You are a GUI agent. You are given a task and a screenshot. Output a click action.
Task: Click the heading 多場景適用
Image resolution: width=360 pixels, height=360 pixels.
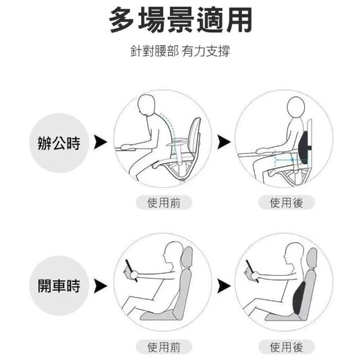coord(181,20)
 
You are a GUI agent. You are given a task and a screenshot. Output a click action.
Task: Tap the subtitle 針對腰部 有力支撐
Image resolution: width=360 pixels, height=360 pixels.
coord(180,51)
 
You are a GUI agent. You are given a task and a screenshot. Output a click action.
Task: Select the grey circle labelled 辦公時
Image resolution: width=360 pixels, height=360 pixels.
coord(59,143)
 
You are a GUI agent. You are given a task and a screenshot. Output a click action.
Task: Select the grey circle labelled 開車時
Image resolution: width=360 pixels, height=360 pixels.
coord(59,286)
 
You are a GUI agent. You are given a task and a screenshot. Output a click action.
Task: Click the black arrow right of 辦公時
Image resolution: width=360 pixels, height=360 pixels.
coord(101,142)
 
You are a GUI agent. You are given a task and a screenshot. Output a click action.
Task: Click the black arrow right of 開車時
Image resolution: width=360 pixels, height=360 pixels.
coord(101,286)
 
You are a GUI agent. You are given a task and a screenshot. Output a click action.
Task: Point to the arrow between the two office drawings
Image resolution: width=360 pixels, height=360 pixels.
coord(224,142)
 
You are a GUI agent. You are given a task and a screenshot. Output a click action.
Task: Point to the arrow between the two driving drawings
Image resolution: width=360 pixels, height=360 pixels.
coord(224,286)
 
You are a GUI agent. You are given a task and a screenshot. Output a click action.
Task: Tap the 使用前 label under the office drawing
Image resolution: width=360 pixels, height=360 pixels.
coord(164,202)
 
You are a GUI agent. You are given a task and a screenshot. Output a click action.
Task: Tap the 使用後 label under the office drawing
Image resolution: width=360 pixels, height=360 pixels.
coord(286,202)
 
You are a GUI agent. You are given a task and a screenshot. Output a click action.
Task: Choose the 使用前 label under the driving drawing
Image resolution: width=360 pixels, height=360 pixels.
coord(164,346)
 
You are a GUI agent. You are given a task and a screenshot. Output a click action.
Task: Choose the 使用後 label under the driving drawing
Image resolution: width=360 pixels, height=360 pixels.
coord(286,346)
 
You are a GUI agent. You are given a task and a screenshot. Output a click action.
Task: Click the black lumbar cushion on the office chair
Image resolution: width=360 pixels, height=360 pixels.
coord(304,147)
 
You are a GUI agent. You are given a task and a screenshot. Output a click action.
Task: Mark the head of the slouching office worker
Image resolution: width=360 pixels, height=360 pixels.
coord(147,106)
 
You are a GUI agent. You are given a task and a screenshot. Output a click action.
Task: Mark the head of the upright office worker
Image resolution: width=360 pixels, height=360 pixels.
coord(296,107)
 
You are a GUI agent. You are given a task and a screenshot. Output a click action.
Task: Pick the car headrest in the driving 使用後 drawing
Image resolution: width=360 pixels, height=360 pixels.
coord(312,258)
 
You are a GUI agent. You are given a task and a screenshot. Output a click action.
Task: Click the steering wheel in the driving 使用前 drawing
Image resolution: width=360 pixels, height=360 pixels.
coord(131,271)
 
